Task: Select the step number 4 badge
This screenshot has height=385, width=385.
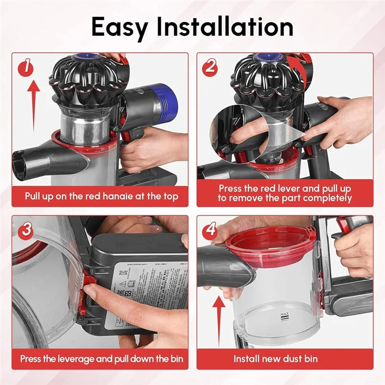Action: [x=210, y=229]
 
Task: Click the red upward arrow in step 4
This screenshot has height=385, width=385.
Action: [x=219, y=322]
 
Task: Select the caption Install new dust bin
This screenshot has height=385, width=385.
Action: [x=276, y=359]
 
